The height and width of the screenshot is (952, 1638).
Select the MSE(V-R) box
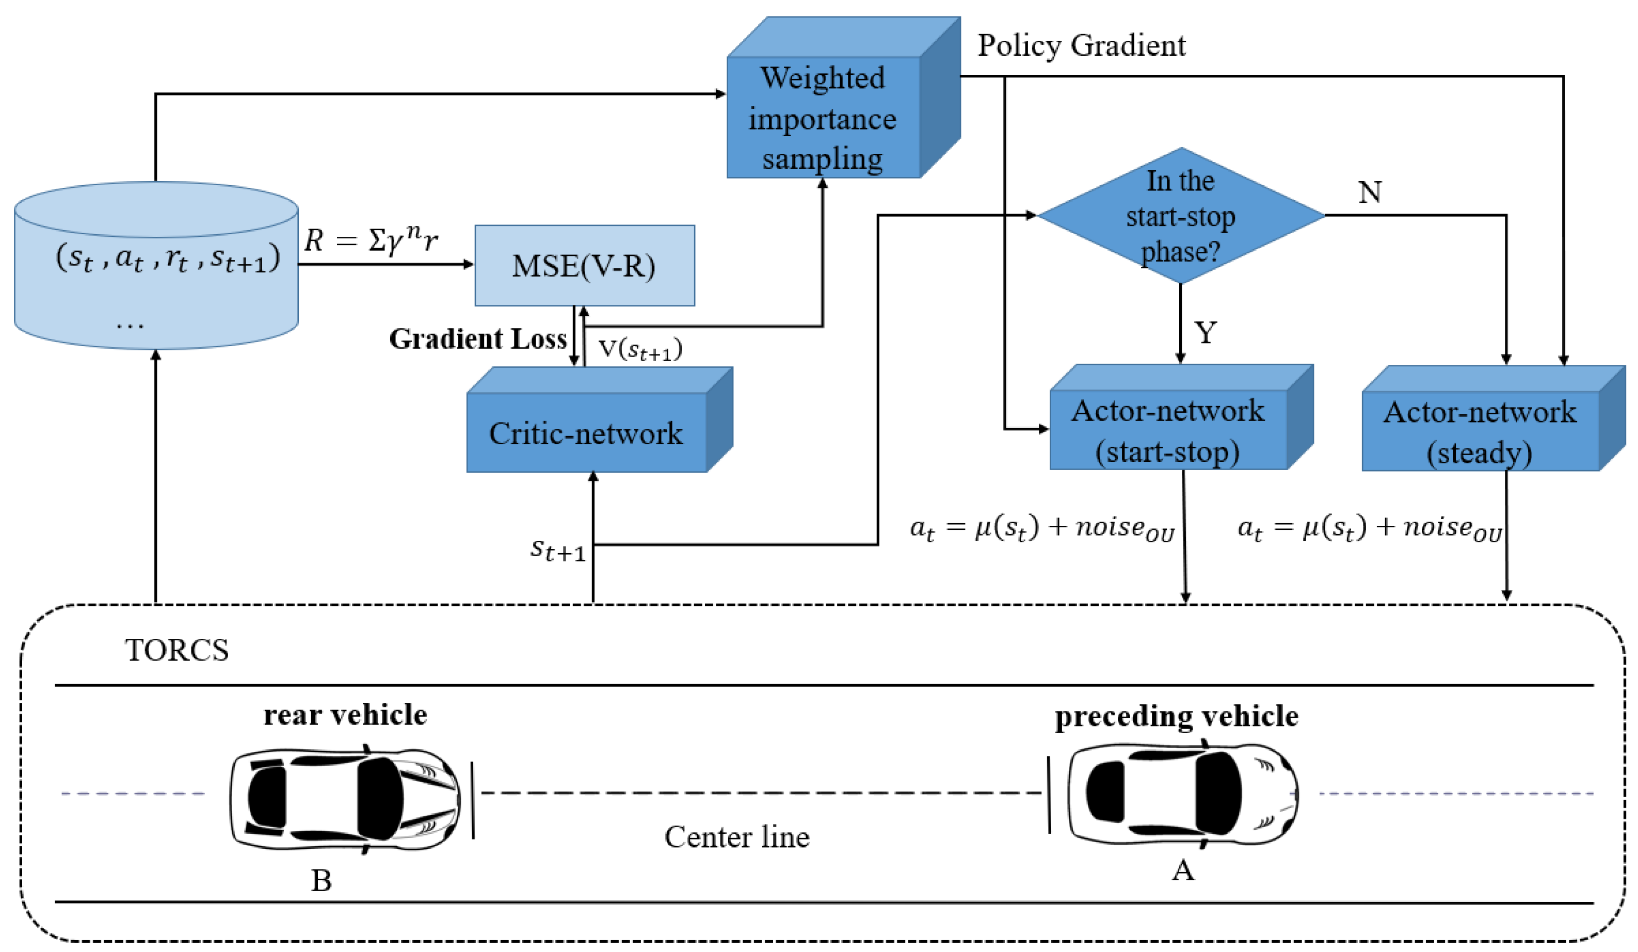click(584, 265)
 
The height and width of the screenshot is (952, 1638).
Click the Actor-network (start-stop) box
click(1168, 430)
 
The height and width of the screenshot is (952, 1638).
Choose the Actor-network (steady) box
click(1480, 431)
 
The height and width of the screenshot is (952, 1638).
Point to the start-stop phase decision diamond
click(1180, 216)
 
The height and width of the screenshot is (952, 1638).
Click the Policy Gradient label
click(1082, 45)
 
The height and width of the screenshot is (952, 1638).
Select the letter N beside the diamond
click(1370, 192)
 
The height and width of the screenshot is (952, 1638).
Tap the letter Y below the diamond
click(1206, 333)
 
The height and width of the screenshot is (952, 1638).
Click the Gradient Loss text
click(478, 339)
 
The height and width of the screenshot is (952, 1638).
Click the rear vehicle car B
click(345, 799)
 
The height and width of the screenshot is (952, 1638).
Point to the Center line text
click(736, 837)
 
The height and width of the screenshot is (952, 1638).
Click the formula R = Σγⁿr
click(371, 240)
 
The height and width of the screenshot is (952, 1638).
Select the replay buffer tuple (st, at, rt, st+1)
click(168, 258)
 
